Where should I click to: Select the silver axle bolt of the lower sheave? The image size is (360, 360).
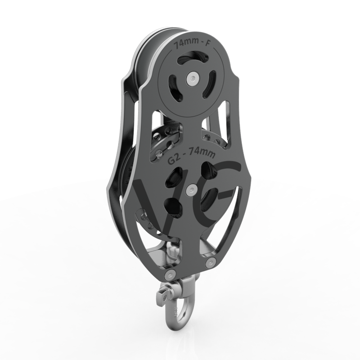pos(193,189)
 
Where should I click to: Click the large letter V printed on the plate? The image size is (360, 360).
pos(148,202)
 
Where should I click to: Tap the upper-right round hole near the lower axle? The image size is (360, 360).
pos(208,171)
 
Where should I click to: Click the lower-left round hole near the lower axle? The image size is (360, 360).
pos(173,207)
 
